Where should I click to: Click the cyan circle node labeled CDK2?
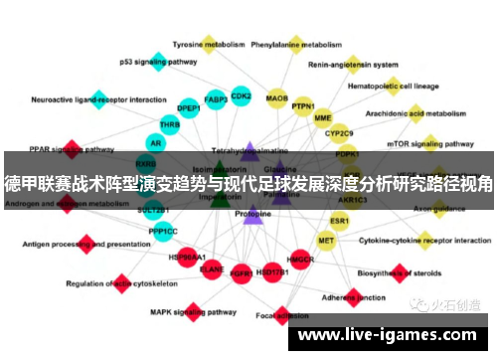(241, 96)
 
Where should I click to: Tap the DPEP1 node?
(189, 108)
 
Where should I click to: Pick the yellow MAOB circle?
(277, 98)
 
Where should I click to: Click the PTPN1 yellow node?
(303, 106)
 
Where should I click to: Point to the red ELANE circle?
(212, 269)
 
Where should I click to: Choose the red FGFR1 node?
(241, 271)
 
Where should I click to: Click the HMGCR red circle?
(300, 260)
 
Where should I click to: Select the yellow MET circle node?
(326, 240)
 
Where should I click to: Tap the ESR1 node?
(340, 220)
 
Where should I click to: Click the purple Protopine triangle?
(252, 215)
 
